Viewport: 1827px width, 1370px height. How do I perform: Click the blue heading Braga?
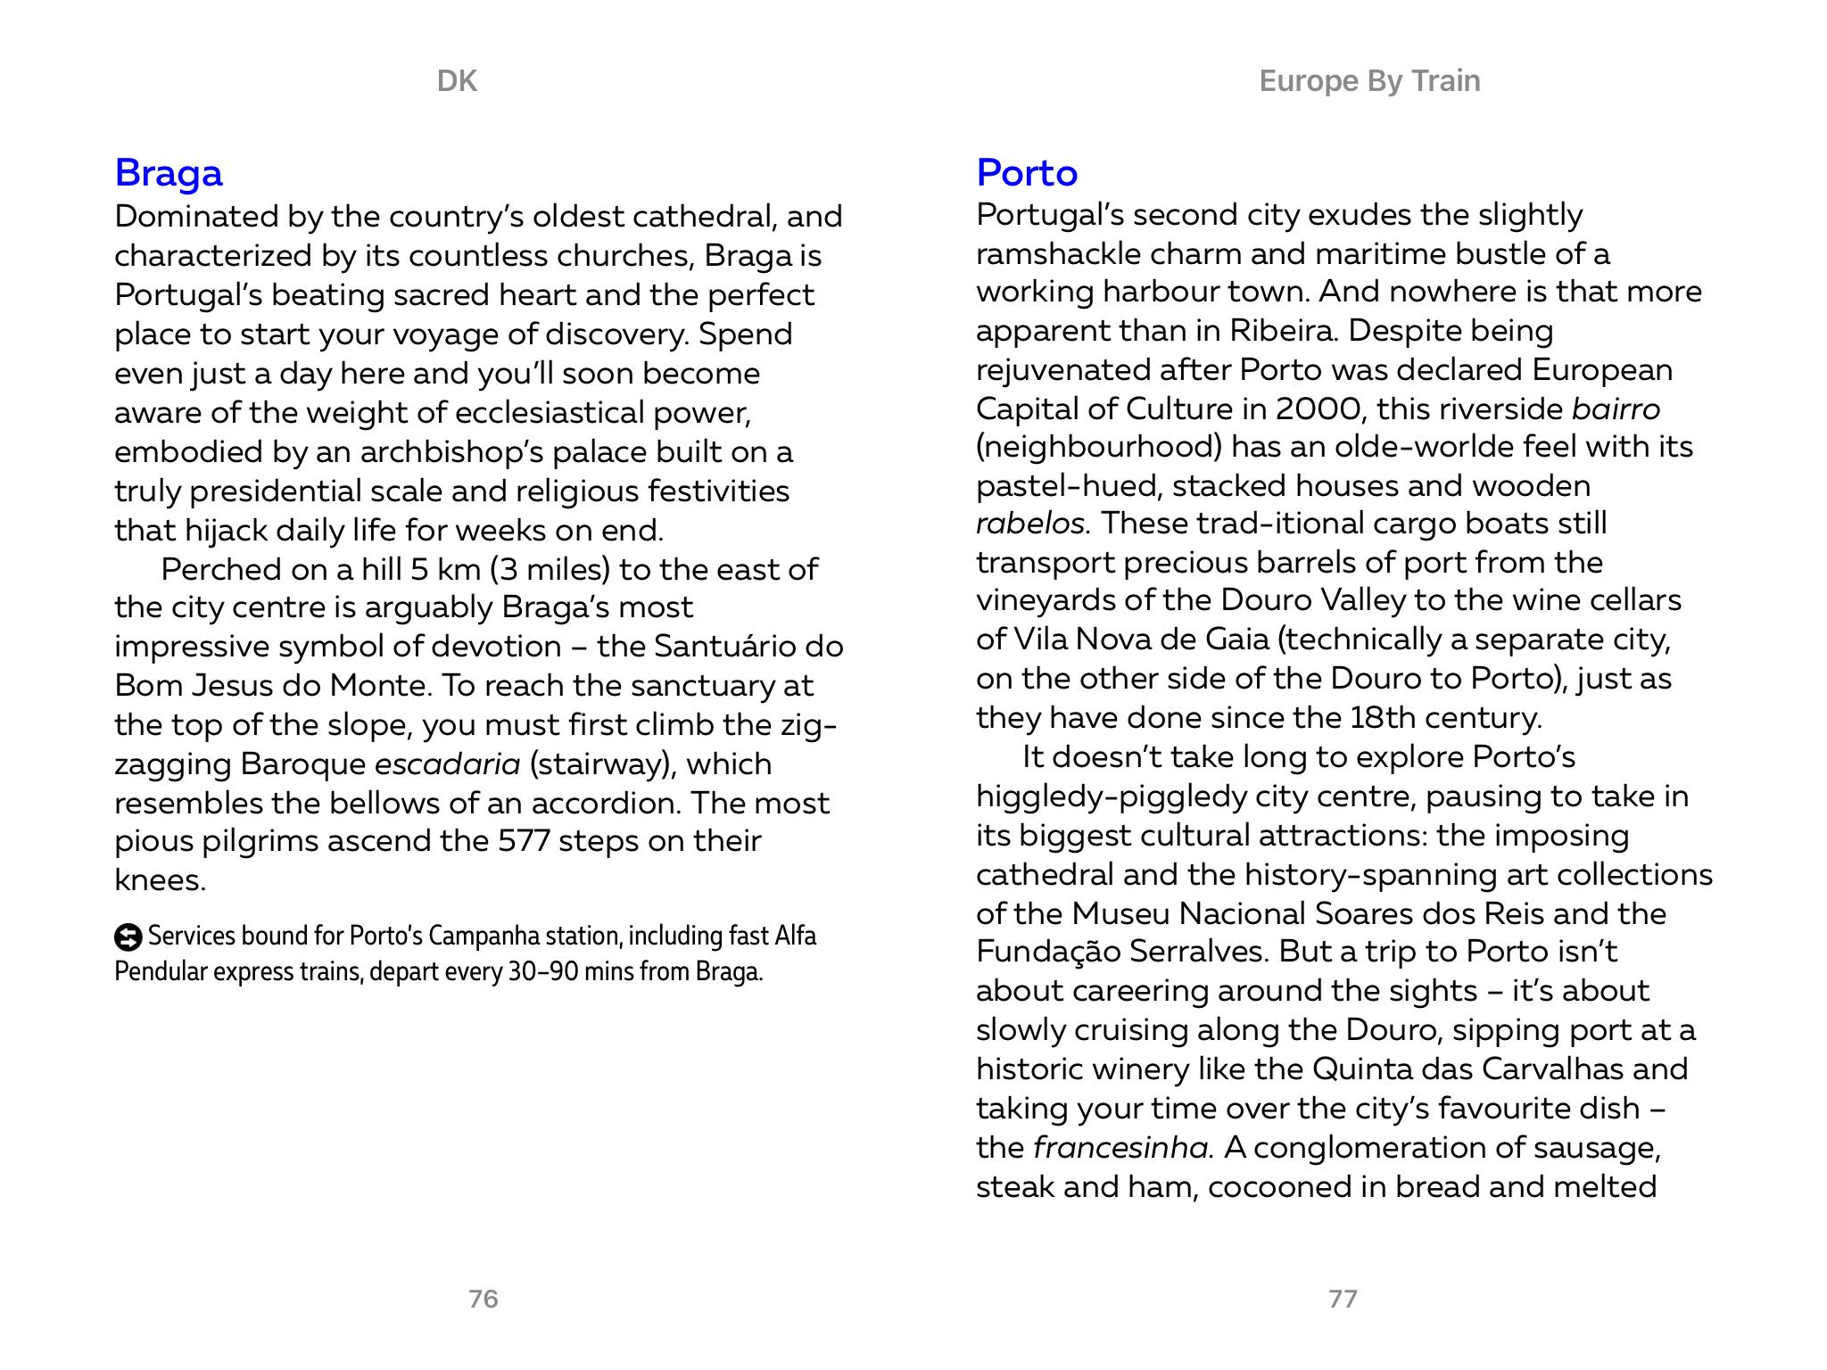[x=169, y=173]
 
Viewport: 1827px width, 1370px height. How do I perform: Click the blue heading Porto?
[x=1027, y=173]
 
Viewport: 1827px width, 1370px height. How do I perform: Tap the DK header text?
[x=457, y=81]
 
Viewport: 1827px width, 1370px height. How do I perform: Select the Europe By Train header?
[x=1369, y=81]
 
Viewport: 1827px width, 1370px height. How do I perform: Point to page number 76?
[x=483, y=1299]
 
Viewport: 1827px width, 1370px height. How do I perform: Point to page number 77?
[x=1343, y=1299]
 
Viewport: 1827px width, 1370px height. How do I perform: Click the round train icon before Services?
[x=128, y=937]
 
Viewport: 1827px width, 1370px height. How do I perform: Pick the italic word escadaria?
[x=447, y=764]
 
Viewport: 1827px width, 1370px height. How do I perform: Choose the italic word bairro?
[x=1616, y=409]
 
